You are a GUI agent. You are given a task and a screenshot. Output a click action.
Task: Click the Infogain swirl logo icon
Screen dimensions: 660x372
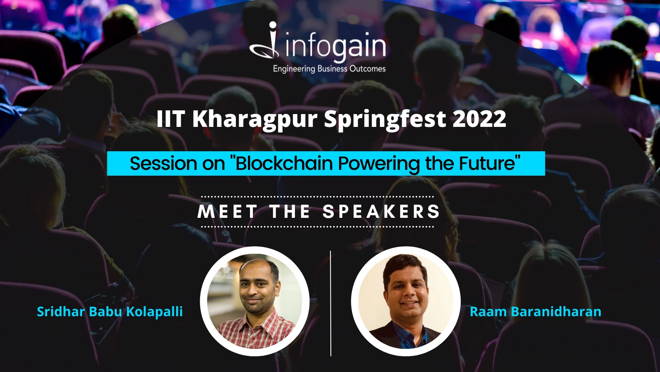click(264, 41)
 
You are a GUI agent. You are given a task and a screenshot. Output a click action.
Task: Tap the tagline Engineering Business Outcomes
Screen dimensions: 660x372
click(329, 69)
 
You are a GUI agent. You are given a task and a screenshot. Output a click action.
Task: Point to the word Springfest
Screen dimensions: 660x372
click(385, 119)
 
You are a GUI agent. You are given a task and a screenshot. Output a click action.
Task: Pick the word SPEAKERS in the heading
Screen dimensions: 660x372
click(381, 212)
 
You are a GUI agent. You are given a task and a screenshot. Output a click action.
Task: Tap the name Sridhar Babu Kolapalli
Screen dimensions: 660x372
click(110, 312)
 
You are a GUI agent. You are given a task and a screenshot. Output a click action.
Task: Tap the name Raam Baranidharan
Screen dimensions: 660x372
click(535, 312)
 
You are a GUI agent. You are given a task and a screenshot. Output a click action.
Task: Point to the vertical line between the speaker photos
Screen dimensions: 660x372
click(330, 303)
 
